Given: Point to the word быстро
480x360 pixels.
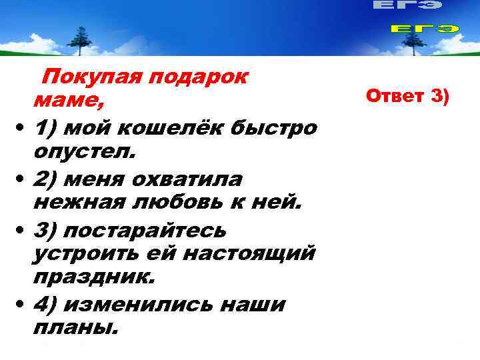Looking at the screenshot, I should coord(276,127).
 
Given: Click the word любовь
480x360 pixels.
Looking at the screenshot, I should coord(183,203).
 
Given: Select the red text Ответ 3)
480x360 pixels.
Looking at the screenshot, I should coord(409,96).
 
